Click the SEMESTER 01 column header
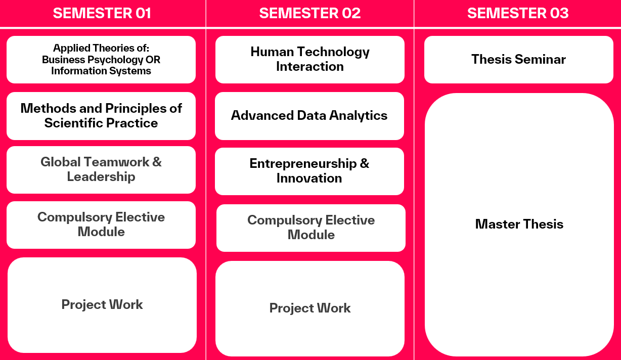pyautogui.click(x=102, y=13)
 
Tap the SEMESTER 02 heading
pyautogui.click(x=309, y=13)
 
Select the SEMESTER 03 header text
pyautogui.click(x=518, y=13)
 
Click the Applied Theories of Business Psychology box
pyautogui.click(x=101, y=60)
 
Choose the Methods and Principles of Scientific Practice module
pyautogui.click(x=101, y=116)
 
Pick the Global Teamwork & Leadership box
pyautogui.click(x=101, y=169)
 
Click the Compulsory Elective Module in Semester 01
pyautogui.click(x=101, y=224)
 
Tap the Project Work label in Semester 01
pyautogui.click(x=102, y=304)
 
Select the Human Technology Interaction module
pyautogui.click(x=310, y=59)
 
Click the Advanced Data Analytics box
pyautogui.click(x=309, y=116)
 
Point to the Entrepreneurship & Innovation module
pyautogui.click(x=309, y=171)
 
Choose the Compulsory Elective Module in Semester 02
pyautogui.click(x=311, y=228)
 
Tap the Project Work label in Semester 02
pyautogui.click(x=310, y=308)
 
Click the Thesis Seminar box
pyautogui.click(x=519, y=59)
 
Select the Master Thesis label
pyautogui.click(x=519, y=224)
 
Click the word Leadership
pyautogui.click(x=101, y=177)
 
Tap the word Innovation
pyautogui.click(x=309, y=178)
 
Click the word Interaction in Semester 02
pyautogui.click(x=310, y=67)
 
